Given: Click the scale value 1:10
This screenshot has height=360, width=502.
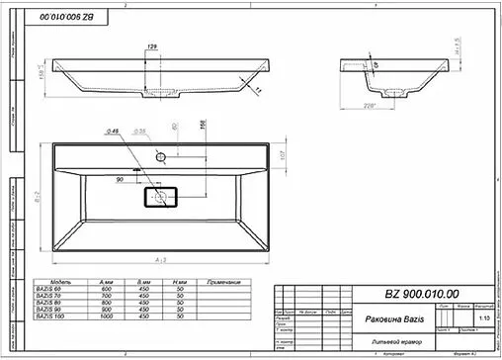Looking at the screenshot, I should pyautogui.click(x=481, y=319).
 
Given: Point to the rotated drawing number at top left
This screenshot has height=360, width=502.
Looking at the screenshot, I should pyautogui.click(x=74, y=19).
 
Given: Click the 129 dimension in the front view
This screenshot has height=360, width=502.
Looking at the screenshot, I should pyautogui.click(x=152, y=47).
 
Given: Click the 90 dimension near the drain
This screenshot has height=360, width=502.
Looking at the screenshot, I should pyautogui.click(x=120, y=180).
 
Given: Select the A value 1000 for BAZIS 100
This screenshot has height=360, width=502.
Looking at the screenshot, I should pyautogui.click(x=106, y=316).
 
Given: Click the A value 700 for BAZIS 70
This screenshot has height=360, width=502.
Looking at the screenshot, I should pyautogui.click(x=106, y=296).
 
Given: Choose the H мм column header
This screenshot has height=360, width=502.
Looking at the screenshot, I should pyautogui.click(x=179, y=282).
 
